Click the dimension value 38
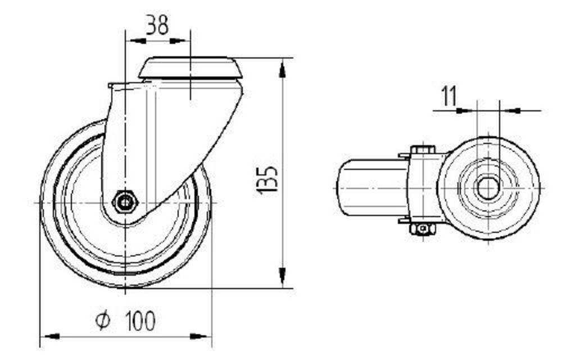157,25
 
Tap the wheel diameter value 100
139,321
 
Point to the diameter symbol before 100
102,321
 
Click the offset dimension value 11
449,96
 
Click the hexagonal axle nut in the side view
123,201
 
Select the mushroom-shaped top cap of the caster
191,68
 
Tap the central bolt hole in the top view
487,187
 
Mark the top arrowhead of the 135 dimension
282,69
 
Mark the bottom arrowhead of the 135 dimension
282,278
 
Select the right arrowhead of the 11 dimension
509,111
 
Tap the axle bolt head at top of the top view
423,150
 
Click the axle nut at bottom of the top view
423,229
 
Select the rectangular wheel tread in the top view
372,188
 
